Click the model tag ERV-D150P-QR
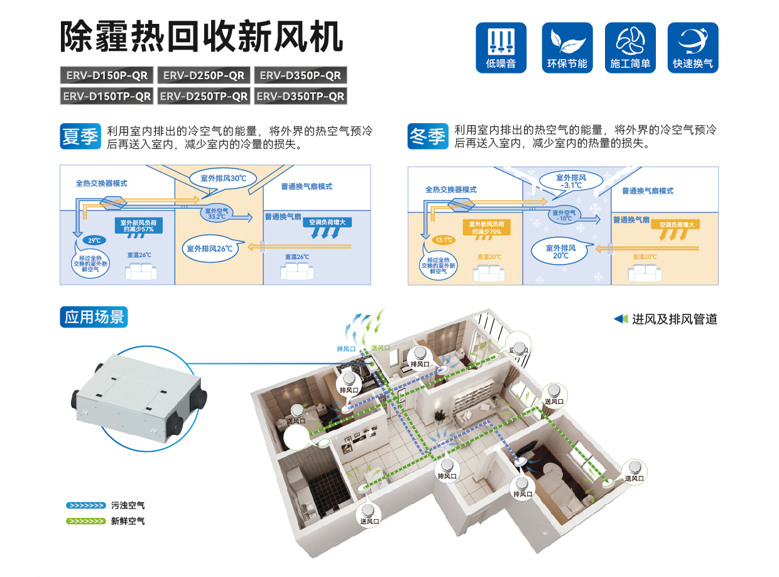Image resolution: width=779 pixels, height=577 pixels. pyautogui.click(x=106, y=75)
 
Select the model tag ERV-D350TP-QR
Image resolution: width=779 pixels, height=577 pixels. pyautogui.click(x=300, y=96)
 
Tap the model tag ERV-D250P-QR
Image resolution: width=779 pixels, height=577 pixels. pyautogui.click(x=204, y=75)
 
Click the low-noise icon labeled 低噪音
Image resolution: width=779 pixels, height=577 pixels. pyautogui.click(x=501, y=48)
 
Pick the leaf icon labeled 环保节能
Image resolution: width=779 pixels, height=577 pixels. pyautogui.click(x=567, y=48)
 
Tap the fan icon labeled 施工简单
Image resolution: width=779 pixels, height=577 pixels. pyautogui.click(x=629, y=48)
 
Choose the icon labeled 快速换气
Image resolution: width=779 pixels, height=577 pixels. pyautogui.click(x=692, y=48)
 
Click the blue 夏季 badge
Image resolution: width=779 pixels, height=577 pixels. pyautogui.click(x=80, y=136)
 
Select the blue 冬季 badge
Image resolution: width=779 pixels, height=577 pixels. pyautogui.click(x=427, y=136)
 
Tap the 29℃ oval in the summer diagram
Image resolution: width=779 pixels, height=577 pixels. pyautogui.click(x=94, y=240)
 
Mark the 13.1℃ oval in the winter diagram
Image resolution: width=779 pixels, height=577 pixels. pyautogui.click(x=443, y=239)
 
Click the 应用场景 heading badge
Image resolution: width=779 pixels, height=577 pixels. pyautogui.click(x=94, y=317)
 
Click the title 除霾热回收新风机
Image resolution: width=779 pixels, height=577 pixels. pyautogui.click(x=201, y=36)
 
